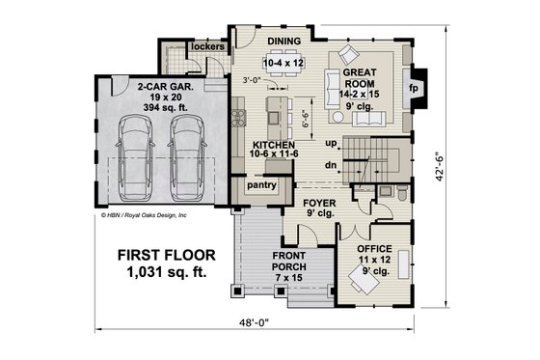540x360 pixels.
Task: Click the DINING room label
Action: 283,41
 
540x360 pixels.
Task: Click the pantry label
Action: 261,184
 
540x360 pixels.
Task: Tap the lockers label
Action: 207,45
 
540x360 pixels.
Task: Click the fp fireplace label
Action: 414,86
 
